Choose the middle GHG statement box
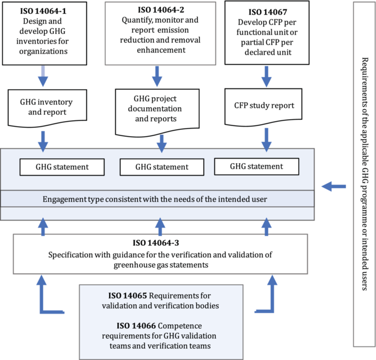pyautogui.click(x=161, y=167)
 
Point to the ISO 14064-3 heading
pyautogui.click(x=160, y=243)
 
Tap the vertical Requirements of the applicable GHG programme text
pyautogui.click(x=365, y=176)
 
